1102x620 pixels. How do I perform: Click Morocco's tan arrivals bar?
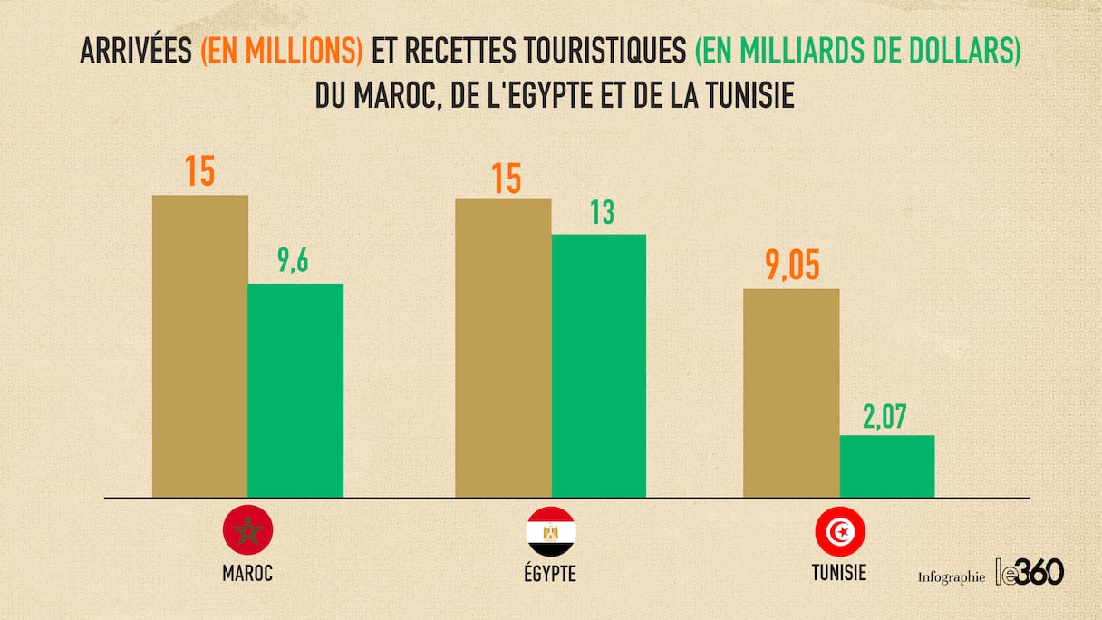point(199,345)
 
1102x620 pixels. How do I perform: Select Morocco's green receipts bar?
point(295,390)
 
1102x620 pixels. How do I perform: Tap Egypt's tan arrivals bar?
point(502,347)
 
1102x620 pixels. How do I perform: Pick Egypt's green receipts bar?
point(598,365)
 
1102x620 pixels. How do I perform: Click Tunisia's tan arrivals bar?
point(791,392)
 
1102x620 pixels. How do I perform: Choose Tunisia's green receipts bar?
point(887,466)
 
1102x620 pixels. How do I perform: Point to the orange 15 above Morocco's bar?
point(199,172)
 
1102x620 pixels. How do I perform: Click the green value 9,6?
point(295,263)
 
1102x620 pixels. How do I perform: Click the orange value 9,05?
point(791,268)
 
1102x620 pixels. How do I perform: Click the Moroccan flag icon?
point(247,531)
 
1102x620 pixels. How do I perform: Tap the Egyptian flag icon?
point(550,531)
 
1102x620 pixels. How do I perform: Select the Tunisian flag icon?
point(839,531)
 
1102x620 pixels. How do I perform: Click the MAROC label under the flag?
point(247,574)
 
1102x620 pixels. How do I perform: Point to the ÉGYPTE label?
point(550,574)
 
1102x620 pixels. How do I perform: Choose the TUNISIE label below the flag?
point(839,573)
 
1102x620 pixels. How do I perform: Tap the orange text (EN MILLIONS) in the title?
point(282,53)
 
